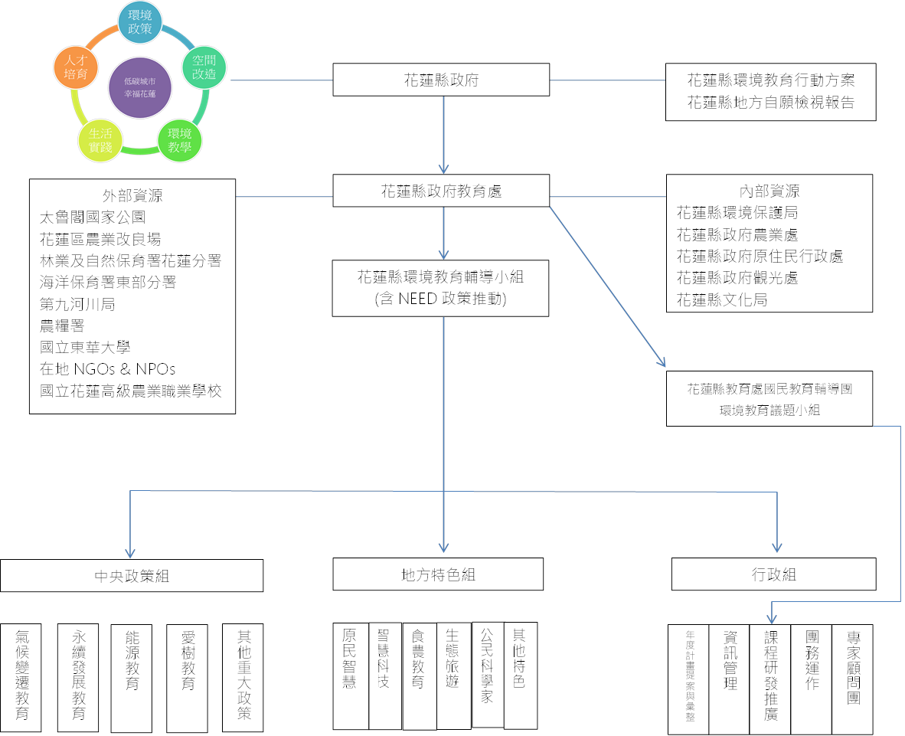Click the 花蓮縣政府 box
pyautogui.click(x=441, y=80)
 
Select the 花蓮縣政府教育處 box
pyautogui.click(x=441, y=191)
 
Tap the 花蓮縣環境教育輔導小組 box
pyautogui.click(x=441, y=288)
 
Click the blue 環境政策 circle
pyautogui.click(x=139, y=21)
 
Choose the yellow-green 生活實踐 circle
pyautogui.click(x=100, y=140)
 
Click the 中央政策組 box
pyautogui.click(x=132, y=576)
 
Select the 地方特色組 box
pyautogui.click(x=438, y=574)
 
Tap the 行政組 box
pyautogui.click(x=773, y=574)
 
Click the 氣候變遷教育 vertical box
pyautogui.click(x=22, y=674)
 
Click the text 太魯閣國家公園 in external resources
pyautogui.click(x=93, y=218)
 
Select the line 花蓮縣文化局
pyautogui.click(x=721, y=300)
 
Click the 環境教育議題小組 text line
pyautogui.click(x=769, y=410)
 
